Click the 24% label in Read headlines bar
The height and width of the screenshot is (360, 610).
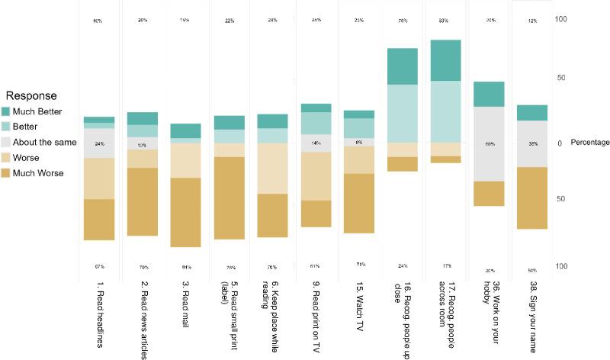(99, 143)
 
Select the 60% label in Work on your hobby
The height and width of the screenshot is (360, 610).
(489, 143)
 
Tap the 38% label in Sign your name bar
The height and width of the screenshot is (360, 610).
(532, 143)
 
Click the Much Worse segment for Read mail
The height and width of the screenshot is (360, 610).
(185, 212)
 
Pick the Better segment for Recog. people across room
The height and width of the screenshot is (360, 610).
(445, 111)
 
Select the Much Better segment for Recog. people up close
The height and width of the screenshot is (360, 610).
(402, 66)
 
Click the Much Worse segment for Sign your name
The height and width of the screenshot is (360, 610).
(532, 198)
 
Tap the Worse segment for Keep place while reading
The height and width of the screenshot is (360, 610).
(272, 169)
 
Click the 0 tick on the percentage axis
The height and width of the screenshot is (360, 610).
(560, 143)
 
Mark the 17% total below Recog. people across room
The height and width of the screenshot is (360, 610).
(445, 266)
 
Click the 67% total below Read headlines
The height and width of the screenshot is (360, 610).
(99, 266)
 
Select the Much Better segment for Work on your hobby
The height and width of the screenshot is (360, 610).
(489, 94)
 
